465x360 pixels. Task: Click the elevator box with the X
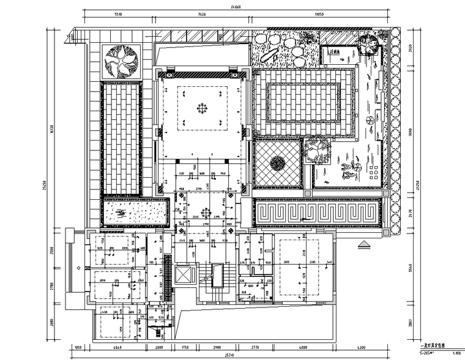click(182, 274)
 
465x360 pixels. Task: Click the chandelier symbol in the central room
click(201, 109)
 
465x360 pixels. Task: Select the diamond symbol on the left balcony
click(78, 268)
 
